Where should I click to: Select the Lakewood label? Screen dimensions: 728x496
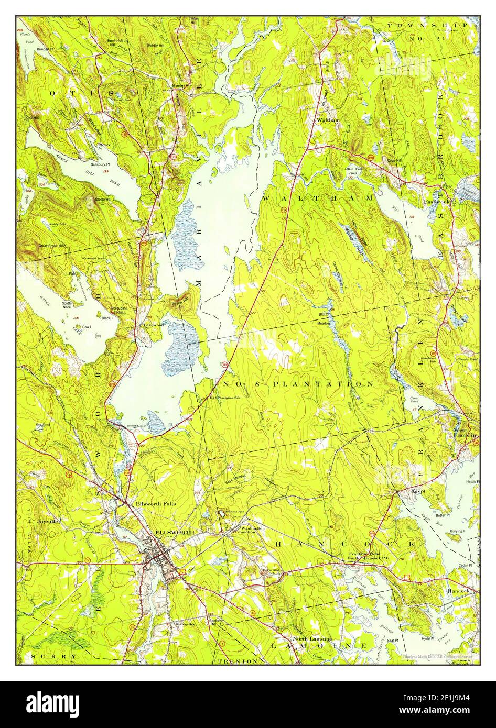(x=154, y=325)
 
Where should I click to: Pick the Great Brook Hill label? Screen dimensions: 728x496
(x=52, y=246)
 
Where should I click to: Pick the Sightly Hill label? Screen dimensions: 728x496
(x=155, y=46)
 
